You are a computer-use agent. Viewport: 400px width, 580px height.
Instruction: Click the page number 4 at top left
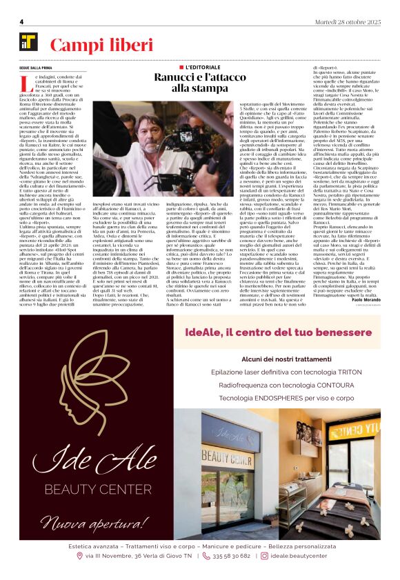click(21, 21)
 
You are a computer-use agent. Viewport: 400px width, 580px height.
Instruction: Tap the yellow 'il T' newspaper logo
click(29, 42)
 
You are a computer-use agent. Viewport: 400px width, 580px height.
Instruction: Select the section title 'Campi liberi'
click(101, 46)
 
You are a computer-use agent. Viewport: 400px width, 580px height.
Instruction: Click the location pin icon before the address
click(80, 555)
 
